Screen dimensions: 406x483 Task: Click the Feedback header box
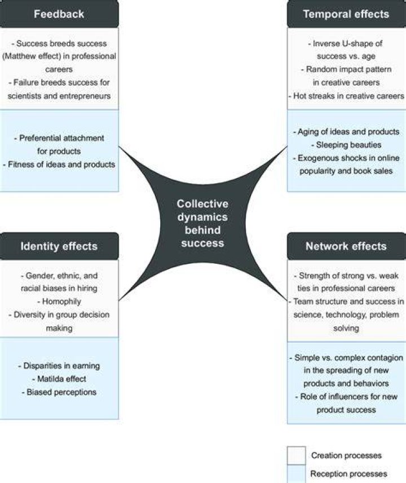tap(59, 14)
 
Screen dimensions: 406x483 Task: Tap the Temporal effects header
tap(346, 14)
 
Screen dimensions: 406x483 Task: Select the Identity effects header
tap(59, 246)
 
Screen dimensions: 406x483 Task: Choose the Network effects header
tap(346, 246)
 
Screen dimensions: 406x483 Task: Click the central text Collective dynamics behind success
tap(202, 223)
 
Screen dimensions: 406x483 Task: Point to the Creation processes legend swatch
tap(296, 455)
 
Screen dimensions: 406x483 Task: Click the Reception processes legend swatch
tap(296, 474)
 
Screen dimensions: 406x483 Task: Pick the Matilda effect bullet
tap(59, 379)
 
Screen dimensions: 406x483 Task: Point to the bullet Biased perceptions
tap(59, 392)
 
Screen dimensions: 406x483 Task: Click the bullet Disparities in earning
tap(59, 366)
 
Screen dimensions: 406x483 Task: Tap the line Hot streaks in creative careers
tap(346, 96)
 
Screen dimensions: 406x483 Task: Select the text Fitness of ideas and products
tap(59, 165)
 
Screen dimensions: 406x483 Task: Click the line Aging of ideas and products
tap(346, 132)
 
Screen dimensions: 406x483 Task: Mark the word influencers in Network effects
tap(344, 396)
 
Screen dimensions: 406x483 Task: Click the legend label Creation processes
tap(346, 455)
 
